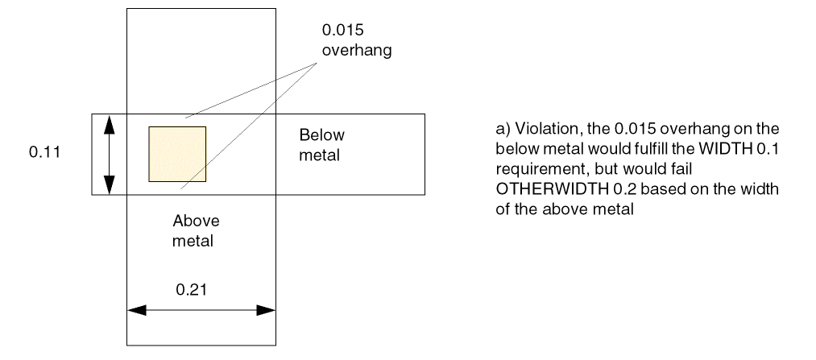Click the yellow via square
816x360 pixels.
[x=177, y=154]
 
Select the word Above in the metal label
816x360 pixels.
[x=196, y=221]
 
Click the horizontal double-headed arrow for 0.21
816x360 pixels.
[x=201, y=309]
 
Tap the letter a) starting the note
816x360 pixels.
[x=502, y=129]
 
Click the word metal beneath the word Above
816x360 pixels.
[x=196, y=240]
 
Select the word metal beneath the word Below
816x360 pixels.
[x=320, y=155]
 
